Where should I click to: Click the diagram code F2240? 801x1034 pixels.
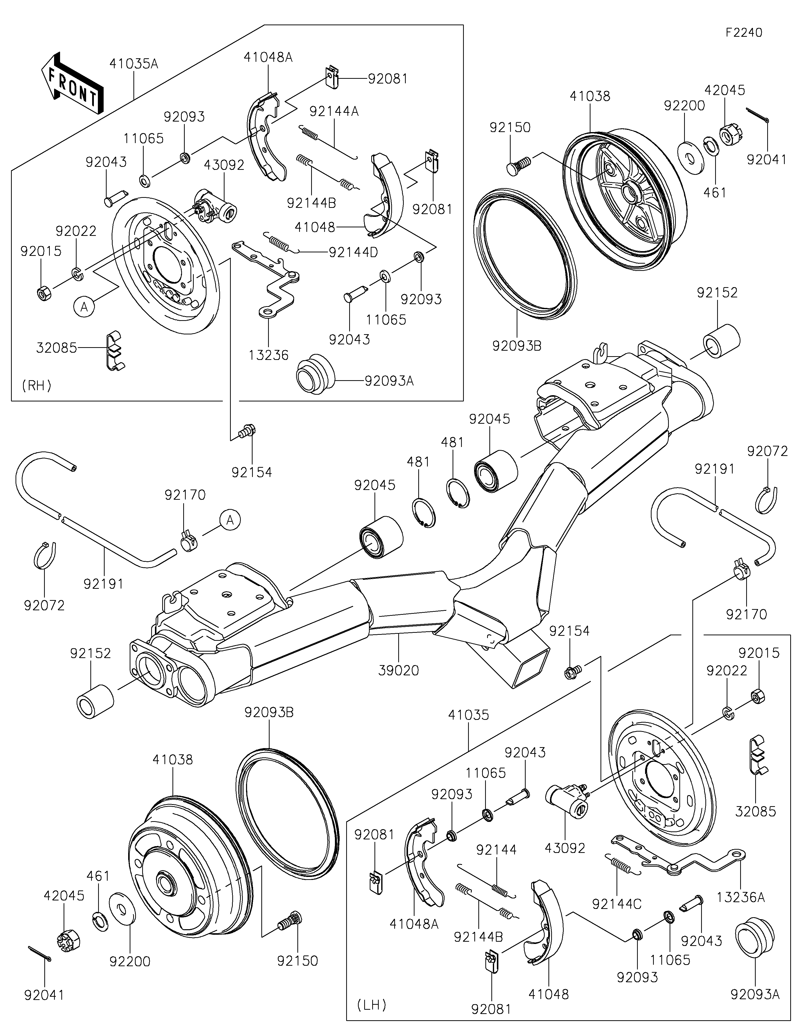pyautogui.click(x=744, y=33)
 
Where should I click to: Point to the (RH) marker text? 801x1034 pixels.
pyautogui.click(x=37, y=385)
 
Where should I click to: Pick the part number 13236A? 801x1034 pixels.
pyautogui.click(x=741, y=897)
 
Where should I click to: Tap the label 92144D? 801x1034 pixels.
pyautogui.click(x=353, y=252)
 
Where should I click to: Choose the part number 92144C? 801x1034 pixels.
pyautogui.click(x=617, y=904)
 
